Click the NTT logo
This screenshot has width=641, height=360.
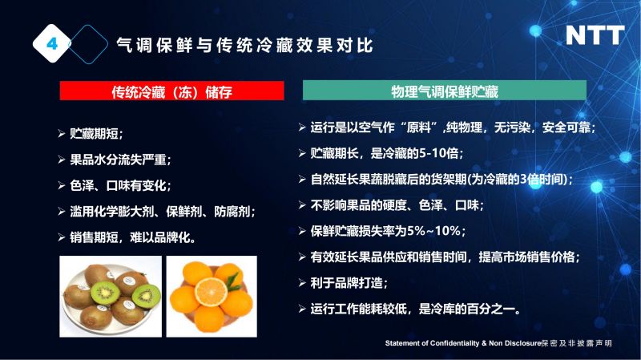click(595, 35)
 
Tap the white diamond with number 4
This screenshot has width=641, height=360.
click(52, 43)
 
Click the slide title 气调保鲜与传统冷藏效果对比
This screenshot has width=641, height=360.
click(244, 45)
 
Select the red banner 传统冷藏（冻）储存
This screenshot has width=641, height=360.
click(171, 91)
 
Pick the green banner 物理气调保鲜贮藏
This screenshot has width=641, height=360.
click(445, 91)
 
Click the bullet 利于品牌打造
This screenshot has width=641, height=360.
click(349, 283)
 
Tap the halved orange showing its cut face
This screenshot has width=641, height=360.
click(211, 291)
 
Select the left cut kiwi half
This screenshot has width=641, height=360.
click(105, 292)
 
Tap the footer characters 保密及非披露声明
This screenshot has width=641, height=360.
click(576, 343)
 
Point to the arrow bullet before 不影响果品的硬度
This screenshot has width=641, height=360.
click(302, 205)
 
